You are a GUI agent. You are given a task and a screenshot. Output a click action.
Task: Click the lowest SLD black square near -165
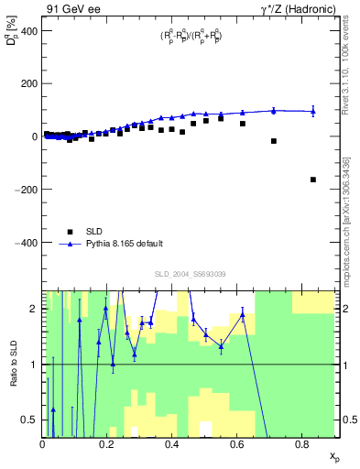pos(313,180)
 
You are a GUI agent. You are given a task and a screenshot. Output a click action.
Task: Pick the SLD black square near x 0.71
pos(274,141)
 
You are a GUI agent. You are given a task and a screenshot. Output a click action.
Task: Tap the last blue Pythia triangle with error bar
pos(313,112)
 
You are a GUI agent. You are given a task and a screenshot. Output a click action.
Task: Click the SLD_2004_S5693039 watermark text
pos(191,274)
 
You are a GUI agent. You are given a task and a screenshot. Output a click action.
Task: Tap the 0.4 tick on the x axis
pos(172,445)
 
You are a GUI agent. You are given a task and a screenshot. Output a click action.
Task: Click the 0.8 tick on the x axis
pos(302,445)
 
